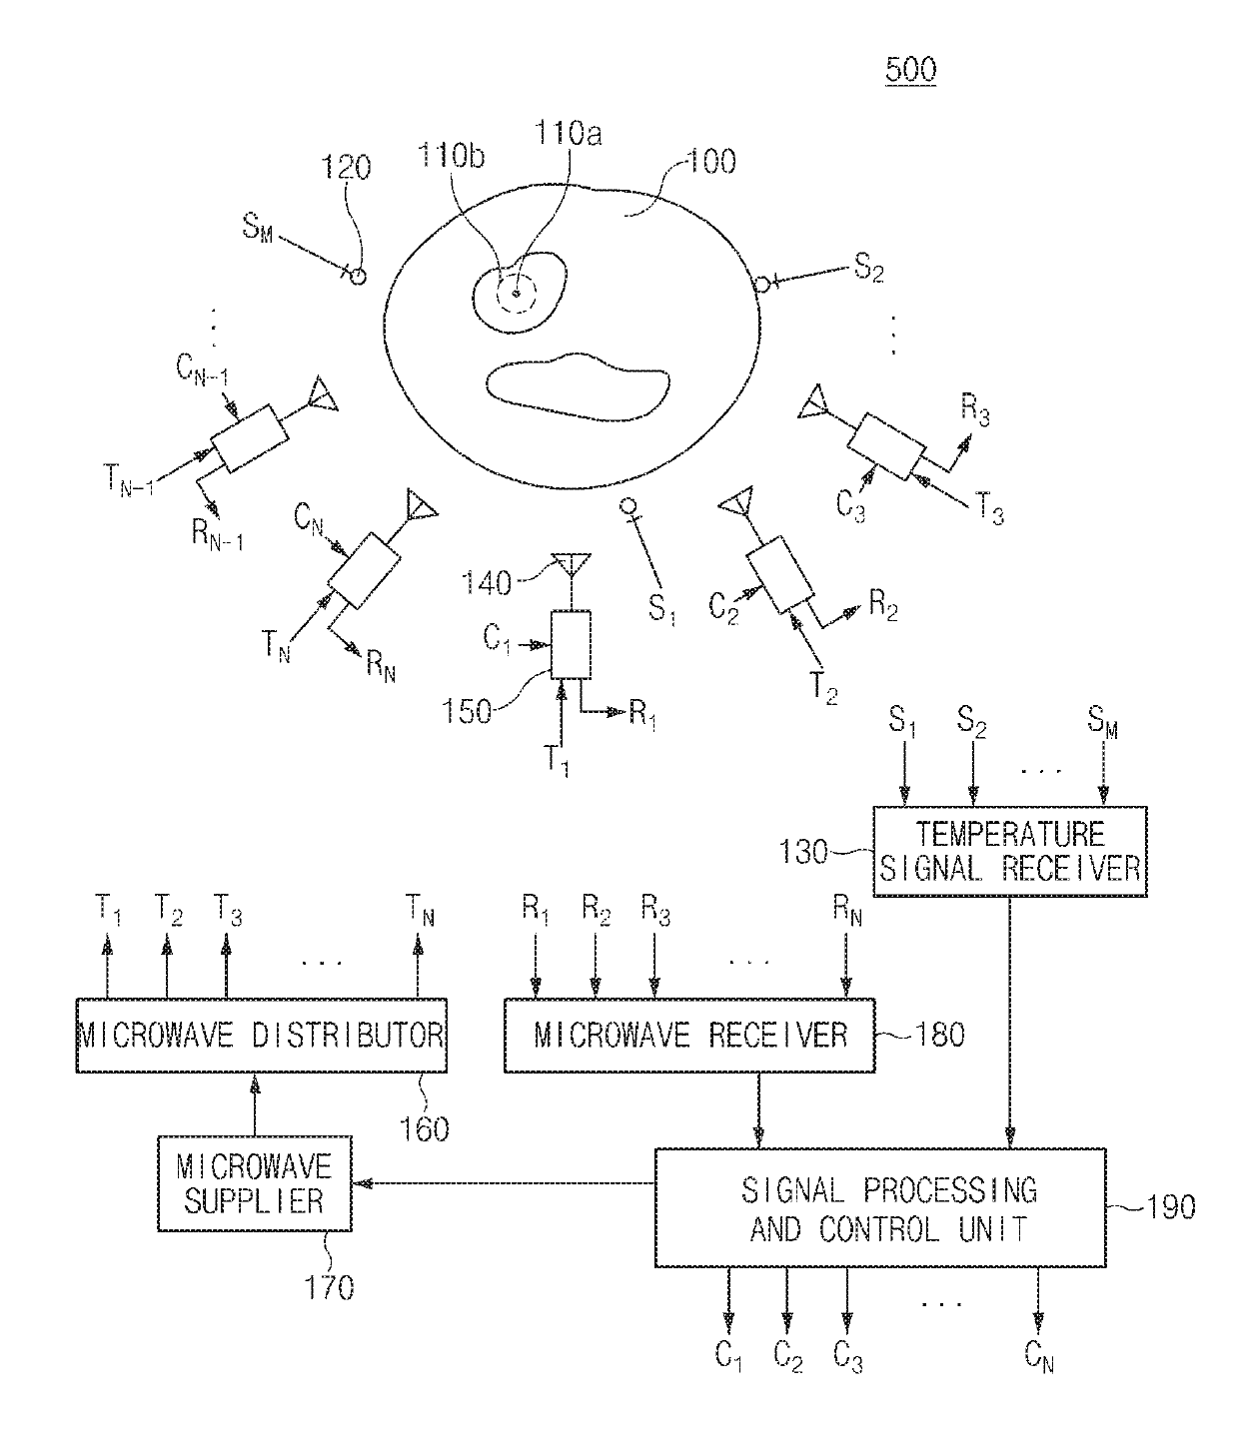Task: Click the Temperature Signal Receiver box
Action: point(1009,850)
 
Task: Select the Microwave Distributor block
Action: point(261,1035)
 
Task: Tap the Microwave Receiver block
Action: point(689,1035)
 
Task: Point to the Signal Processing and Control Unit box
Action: point(880,1208)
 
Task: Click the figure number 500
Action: point(909,70)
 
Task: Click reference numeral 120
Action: point(346,167)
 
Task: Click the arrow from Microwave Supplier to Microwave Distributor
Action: point(255,1103)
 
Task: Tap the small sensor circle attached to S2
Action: point(761,286)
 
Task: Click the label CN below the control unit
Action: point(1038,1356)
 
